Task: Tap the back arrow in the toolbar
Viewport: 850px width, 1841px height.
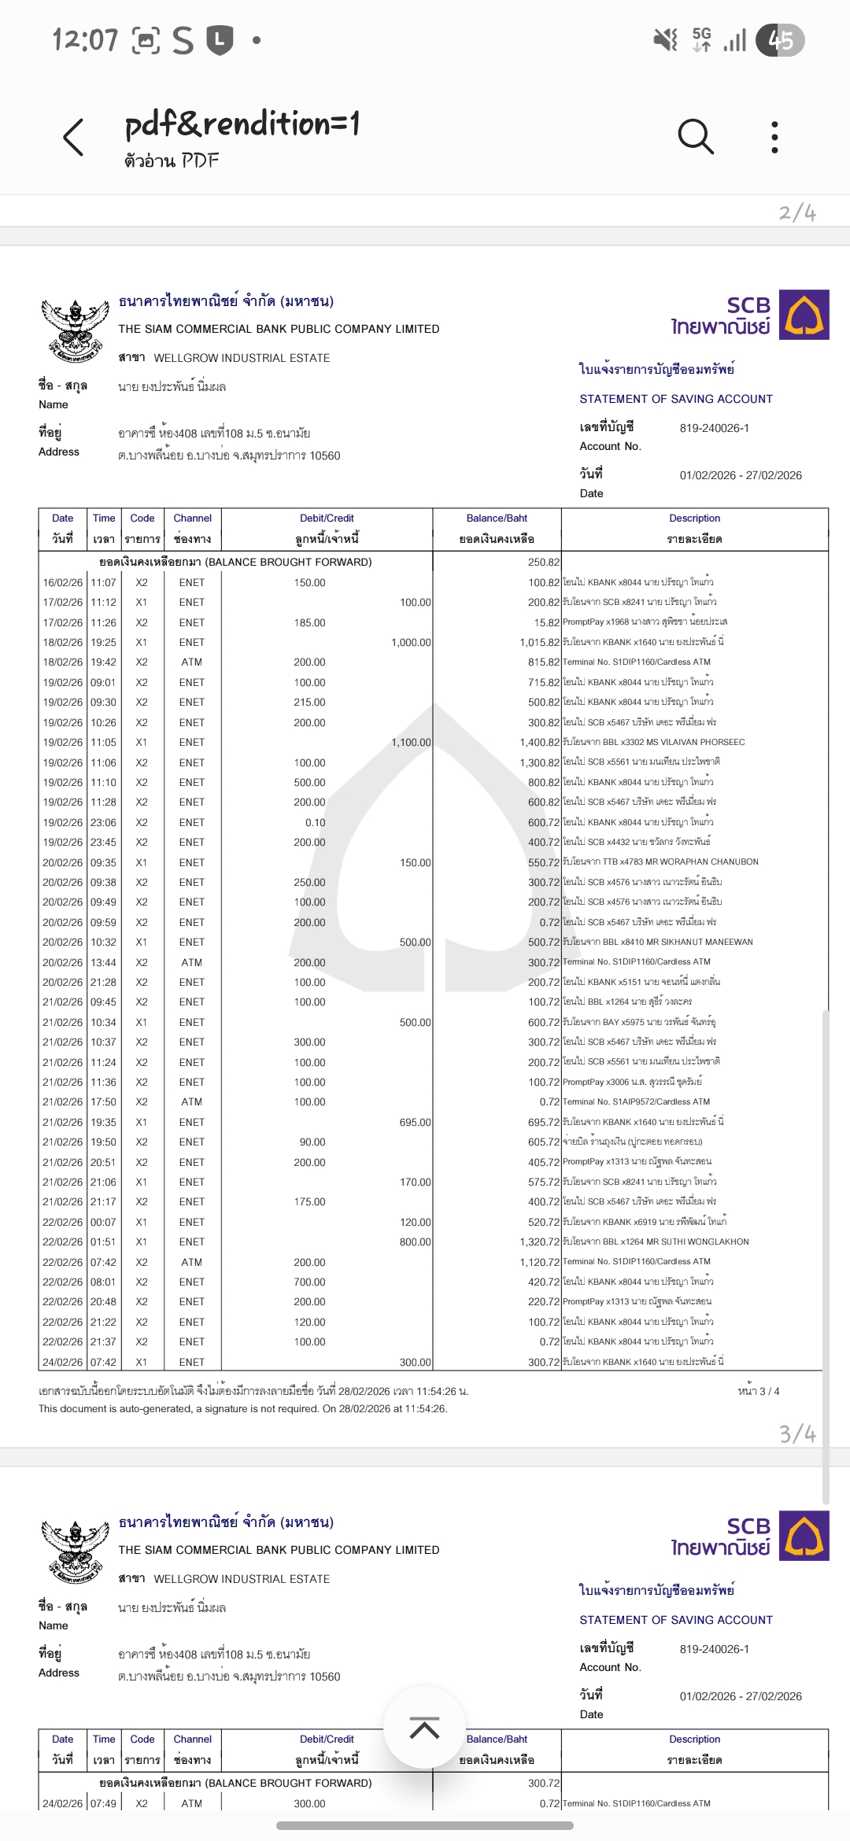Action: (x=73, y=138)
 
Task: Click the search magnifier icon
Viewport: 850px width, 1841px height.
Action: (x=696, y=137)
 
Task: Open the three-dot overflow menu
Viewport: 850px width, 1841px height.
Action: (x=774, y=137)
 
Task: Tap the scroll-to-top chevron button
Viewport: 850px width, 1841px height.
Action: (x=424, y=1729)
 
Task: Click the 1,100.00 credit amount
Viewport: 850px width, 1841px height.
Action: (x=411, y=742)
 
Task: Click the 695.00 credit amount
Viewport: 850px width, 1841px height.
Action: (x=415, y=1122)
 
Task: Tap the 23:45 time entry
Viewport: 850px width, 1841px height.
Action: (x=103, y=842)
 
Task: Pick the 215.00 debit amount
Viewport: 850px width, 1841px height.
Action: (x=309, y=702)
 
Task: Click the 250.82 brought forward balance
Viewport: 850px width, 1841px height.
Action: (x=544, y=562)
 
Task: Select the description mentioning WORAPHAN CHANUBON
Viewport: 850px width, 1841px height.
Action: (x=660, y=862)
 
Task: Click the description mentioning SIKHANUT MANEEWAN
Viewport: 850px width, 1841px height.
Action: (x=657, y=942)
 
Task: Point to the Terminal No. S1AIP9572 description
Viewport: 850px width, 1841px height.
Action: (x=636, y=1101)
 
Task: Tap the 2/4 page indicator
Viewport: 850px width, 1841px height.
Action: (x=797, y=212)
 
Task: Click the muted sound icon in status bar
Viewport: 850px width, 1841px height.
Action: (x=666, y=39)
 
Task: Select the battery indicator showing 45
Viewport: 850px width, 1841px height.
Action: (x=780, y=40)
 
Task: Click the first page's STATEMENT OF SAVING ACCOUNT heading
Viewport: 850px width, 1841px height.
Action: (x=676, y=399)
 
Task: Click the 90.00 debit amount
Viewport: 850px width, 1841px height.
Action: (x=312, y=1142)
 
